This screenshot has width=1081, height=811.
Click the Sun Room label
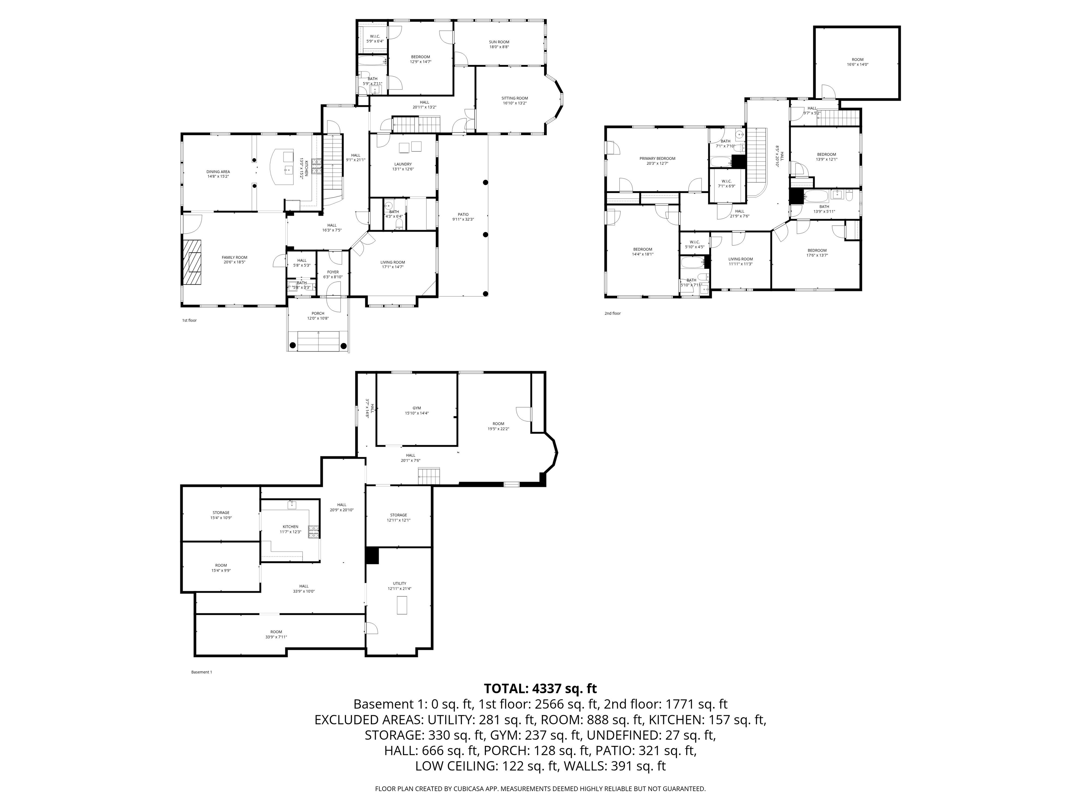pos(499,42)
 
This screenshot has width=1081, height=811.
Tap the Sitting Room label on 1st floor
pos(514,98)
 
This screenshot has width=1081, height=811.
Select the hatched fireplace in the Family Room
pos(192,263)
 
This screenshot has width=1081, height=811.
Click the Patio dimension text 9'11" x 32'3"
pos(463,220)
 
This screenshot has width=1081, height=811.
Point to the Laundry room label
pos(403,164)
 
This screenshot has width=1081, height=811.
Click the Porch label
pos(318,313)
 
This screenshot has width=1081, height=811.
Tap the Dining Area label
pos(218,171)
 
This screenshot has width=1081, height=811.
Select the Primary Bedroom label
pos(657,158)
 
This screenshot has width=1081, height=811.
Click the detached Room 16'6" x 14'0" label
pos(857,59)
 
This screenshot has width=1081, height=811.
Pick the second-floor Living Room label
pos(740,259)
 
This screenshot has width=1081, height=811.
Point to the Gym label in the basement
pos(416,408)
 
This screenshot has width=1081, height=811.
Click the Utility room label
pos(399,583)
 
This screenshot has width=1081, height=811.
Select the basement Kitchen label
pos(290,527)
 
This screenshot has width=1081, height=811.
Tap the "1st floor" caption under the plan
pos(189,320)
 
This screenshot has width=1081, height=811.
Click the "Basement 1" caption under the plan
pos(201,672)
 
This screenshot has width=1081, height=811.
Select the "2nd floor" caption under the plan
pos(612,313)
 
